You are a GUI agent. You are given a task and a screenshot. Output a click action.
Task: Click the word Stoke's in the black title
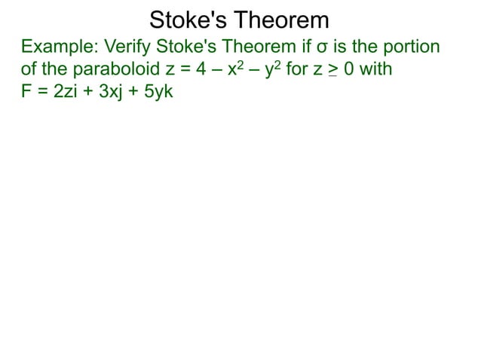(x=190, y=20)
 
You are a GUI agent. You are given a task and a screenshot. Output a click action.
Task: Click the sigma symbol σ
(x=320, y=47)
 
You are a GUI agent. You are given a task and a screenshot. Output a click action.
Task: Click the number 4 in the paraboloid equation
(x=213, y=71)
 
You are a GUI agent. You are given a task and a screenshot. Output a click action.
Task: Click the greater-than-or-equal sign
(x=335, y=72)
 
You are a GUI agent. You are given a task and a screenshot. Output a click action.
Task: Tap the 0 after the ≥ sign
(x=350, y=71)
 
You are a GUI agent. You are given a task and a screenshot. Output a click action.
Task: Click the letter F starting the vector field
(x=26, y=96)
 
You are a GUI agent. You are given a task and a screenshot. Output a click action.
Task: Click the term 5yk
(x=158, y=96)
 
